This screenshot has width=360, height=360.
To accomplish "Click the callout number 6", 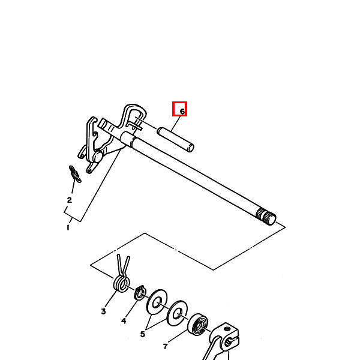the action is [182, 112].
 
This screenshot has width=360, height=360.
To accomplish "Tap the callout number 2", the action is [70, 200].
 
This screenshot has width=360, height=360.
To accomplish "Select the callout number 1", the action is [68, 227].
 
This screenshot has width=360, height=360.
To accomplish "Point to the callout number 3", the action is [103, 311].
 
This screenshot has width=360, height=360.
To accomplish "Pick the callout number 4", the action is [124, 321].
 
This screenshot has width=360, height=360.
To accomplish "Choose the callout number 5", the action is [143, 334].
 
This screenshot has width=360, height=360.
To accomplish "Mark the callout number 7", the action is [166, 346].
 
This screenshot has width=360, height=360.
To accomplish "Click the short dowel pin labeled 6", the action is [176, 140].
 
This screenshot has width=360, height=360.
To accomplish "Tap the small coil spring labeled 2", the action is [75, 174].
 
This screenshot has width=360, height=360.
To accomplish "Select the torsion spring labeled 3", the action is [122, 279].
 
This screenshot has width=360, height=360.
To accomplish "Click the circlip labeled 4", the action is [140, 293].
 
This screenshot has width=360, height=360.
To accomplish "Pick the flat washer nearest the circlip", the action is [157, 302].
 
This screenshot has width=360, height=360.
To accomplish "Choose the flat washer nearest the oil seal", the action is [177, 313].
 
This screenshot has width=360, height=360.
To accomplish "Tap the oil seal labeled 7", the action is [198, 325].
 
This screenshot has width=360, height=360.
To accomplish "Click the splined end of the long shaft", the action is [266, 216].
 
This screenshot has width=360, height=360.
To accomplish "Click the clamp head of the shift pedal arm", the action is [224, 335].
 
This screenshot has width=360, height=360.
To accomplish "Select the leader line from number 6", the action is [175, 124].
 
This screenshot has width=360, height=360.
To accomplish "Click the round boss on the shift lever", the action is [97, 157].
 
